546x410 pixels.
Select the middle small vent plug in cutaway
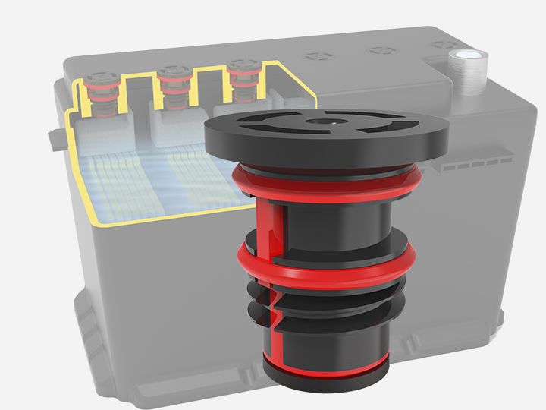tap(172, 85)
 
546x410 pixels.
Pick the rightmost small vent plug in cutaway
tap(243, 80)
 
